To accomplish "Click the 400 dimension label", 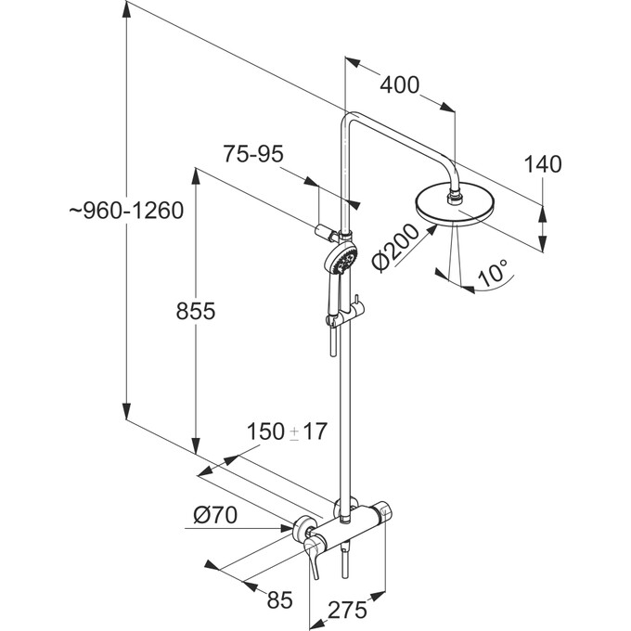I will point(400,84).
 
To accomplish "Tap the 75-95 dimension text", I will point(252,154).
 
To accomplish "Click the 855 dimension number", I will point(195,313).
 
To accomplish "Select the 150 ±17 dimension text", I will point(289,431).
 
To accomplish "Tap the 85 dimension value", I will point(279,599).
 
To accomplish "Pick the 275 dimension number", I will point(348,610).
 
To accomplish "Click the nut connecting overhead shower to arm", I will point(456,196).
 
